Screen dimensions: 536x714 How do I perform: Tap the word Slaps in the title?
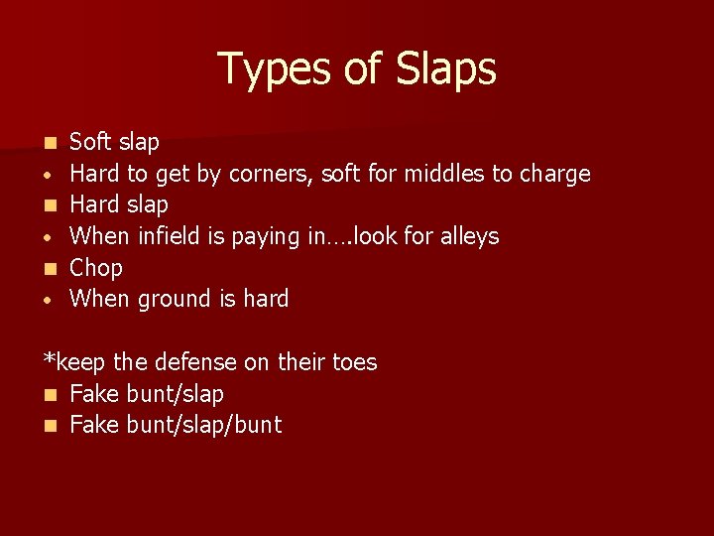point(445,69)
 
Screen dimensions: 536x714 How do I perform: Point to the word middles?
point(434,175)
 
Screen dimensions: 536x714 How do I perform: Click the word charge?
point(554,175)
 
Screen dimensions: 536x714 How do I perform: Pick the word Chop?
point(96,268)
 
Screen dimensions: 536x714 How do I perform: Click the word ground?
point(167,300)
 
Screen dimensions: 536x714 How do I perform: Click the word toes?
point(352,362)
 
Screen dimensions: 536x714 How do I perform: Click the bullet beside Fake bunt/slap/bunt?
point(50,426)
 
